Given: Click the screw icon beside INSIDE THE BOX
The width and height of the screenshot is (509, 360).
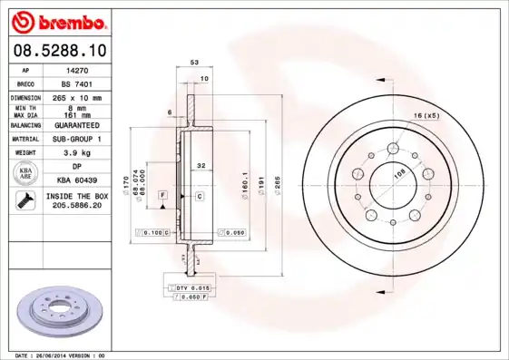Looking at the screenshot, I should [24, 201].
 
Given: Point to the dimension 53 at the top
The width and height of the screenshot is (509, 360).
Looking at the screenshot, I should [194, 63].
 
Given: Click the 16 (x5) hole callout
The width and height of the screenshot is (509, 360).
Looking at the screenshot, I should [426, 116].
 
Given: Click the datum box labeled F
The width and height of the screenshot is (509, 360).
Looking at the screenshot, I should [162, 196].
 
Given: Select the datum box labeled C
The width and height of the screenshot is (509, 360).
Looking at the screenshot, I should [199, 196].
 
